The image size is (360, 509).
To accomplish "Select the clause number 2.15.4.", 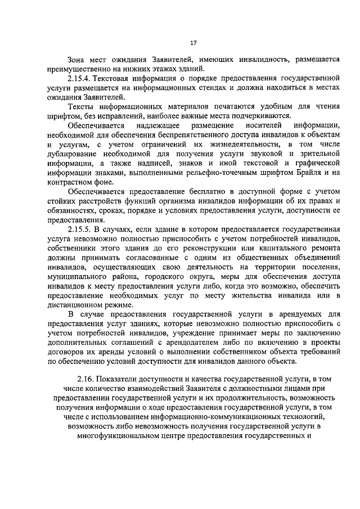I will pos(81,80).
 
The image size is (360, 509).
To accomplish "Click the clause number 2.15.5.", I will pos(81,231).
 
